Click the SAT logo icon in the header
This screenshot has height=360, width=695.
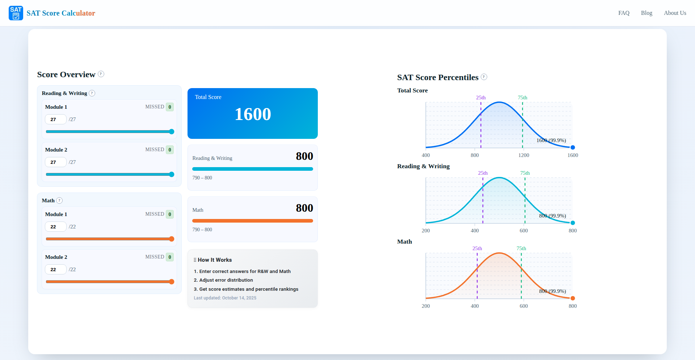pyautogui.click(x=16, y=13)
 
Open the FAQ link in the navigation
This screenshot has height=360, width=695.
pyautogui.click(x=624, y=13)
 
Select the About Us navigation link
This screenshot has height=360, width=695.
pyautogui.click(x=675, y=13)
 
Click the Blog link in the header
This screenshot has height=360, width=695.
pyautogui.click(x=646, y=13)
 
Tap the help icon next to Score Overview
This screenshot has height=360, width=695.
pyautogui.click(x=101, y=74)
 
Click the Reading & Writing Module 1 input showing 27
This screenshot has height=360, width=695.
pyautogui.click(x=55, y=119)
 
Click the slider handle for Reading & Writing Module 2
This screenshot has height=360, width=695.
pyautogui.click(x=172, y=174)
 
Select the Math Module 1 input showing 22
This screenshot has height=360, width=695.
pyautogui.click(x=55, y=227)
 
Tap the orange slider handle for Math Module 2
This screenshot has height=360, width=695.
pyautogui.click(x=172, y=282)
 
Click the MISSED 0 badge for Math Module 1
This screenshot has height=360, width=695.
pyautogui.click(x=169, y=214)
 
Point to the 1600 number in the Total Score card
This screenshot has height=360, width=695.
pyautogui.click(x=253, y=114)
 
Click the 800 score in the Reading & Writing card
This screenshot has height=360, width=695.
pyautogui.click(x=304, y=156)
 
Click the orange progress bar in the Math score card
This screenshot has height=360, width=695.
pyautogui.click(x=252, y=221)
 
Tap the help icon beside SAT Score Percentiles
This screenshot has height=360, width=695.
pyautogui.click(x=484, y=77)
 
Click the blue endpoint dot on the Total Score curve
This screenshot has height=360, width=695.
pyautogui.click(x=573, y=147)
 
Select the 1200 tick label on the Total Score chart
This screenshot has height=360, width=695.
pyautogui.click(x=523, y=155)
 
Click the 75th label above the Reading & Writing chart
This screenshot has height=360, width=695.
pyautogui.click(x=525, y=173)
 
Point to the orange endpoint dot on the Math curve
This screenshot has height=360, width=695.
pyautogui.click(x=573, y=298)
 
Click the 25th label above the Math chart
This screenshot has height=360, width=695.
pyautogui.click(x=477, y=248)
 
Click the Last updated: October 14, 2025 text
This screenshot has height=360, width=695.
pyautogui.click(x=225, y=298)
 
